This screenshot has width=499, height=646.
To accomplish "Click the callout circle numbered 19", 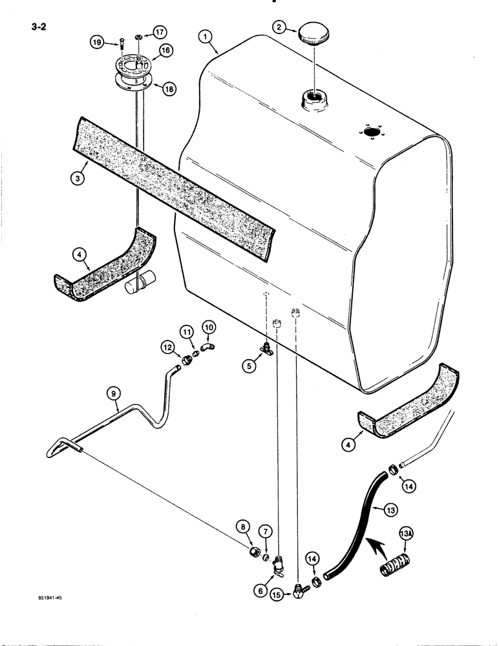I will (x=96, y=43).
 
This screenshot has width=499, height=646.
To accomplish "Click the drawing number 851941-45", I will (x=49, y=598).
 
